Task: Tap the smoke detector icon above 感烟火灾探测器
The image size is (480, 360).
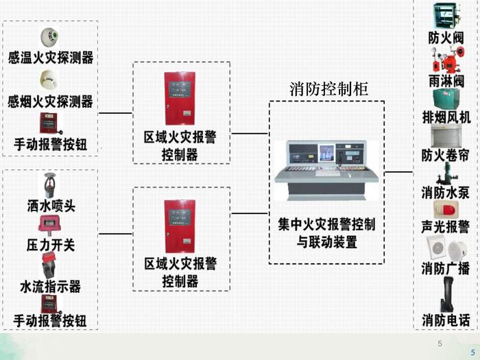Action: point(49,80)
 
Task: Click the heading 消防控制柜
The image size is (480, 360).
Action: point(329,88)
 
